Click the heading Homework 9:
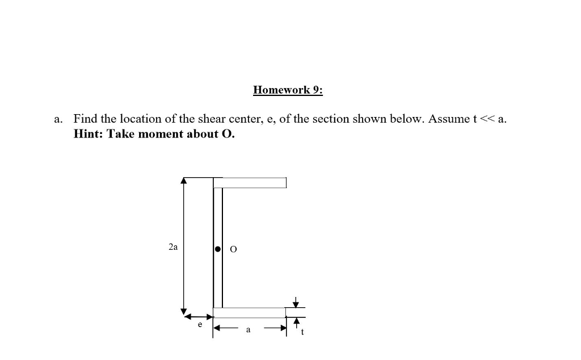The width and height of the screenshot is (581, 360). pyautogui.click(x=288, y=90)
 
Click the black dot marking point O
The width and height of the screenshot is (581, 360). pyautogui.click(x=218, y=249)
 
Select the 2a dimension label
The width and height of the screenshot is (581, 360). pyautogui.click(x=173, y=247)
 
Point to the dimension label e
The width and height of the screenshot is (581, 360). pyautogui.click(x=200, y=325)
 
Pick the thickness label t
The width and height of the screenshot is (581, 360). pyautogui.click(x=302, y=333)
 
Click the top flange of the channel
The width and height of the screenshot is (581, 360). pyautogui.click(x=253, y=182)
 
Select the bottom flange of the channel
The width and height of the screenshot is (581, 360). pyautogui.click(x=250, y=313)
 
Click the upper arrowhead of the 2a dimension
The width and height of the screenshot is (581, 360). pyautogui.click(x=183, y=181)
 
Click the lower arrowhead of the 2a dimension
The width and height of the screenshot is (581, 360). pyautogui.click(x=183, y=311)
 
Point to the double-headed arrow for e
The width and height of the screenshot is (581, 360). pyautogui.click(x=200, y=316)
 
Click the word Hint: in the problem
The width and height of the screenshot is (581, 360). pyautogui.click(x=89, y=134)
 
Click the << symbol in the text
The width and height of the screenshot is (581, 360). pyautogui.click(x=487, y=119)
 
